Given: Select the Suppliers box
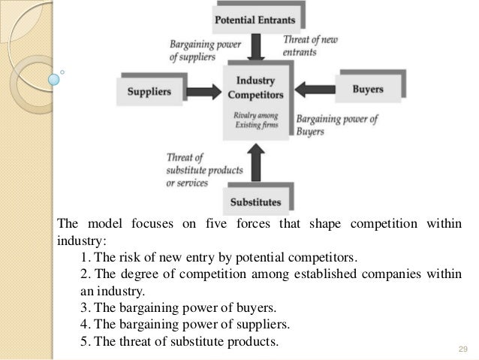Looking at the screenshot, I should (150, 92).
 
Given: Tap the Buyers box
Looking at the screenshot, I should (368, 89).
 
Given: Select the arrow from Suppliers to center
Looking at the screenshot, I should (202, 91).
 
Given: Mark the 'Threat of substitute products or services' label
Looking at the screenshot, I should (198, 171).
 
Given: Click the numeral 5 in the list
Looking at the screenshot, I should (82, 343).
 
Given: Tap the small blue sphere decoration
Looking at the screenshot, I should (55, 77).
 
